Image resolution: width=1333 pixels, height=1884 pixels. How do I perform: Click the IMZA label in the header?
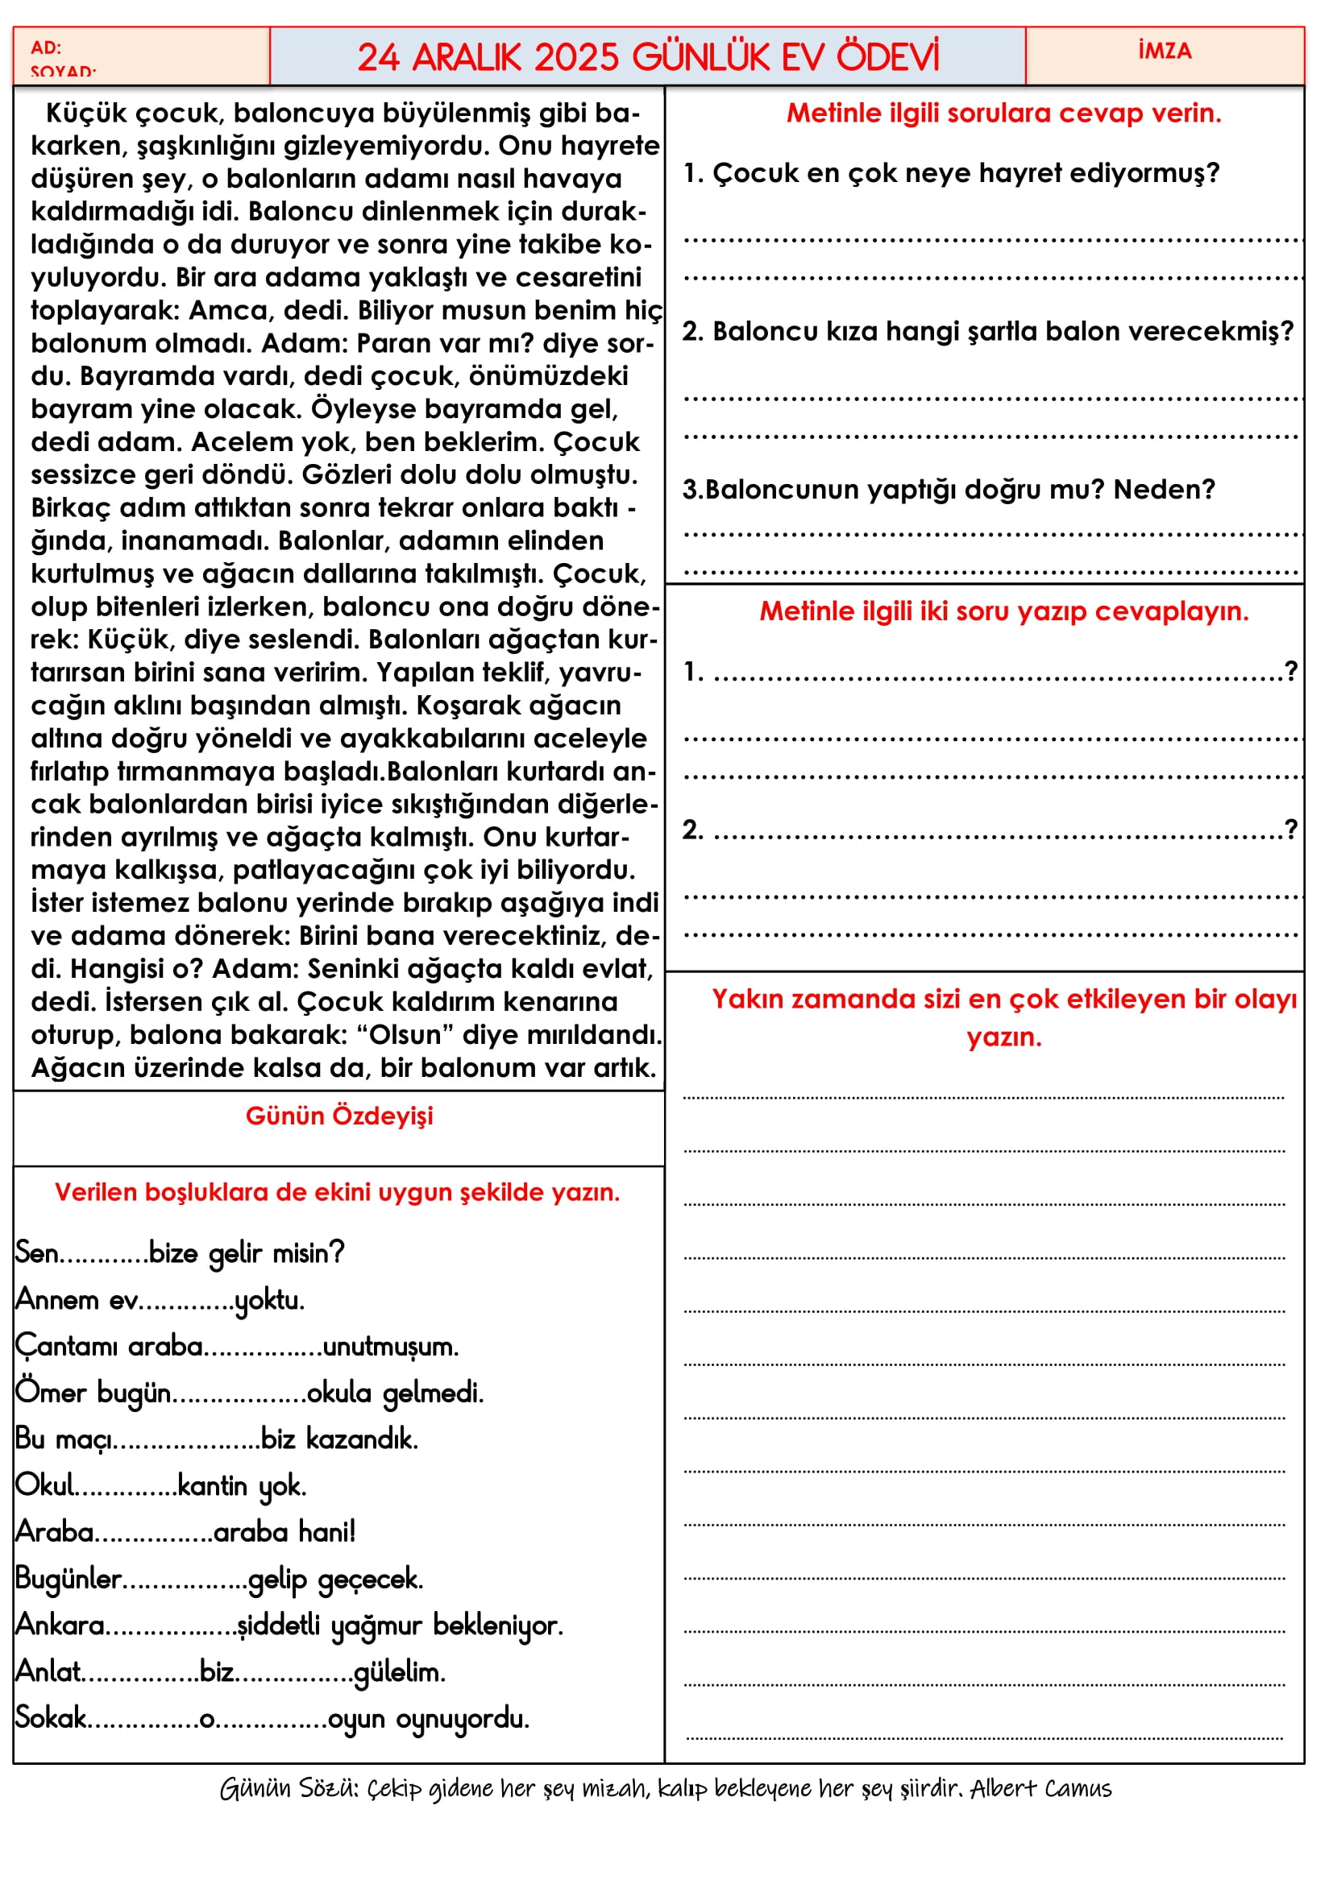pyautogui.click(x=1164, y=51)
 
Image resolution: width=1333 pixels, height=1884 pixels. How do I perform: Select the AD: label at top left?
pyautogui.click(x=46, y=48)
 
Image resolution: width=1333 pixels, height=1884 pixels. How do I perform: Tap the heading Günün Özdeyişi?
pyautogui.click(x=339, y=1116)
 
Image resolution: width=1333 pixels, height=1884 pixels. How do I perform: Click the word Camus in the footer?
pyautogui.click(x=1078, y=1789)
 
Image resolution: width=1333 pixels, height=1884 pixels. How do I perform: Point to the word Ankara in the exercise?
pyautogui.click(x=60, y=1625)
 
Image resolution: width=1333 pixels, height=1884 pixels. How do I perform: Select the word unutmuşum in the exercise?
pyautogui.click(x=391, y=1347)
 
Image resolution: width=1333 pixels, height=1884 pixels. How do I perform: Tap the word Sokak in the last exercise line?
pyautogui.click(x=51, y=1718)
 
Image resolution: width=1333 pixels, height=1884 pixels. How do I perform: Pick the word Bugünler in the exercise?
pyautogui.click(x=69, y=1579)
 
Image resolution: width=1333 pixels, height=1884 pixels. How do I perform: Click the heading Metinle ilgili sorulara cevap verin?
pyautogui.click(x=1003, y=114)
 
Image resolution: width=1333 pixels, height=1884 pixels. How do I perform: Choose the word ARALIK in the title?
pyautogui.click(x=465, y=57)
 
